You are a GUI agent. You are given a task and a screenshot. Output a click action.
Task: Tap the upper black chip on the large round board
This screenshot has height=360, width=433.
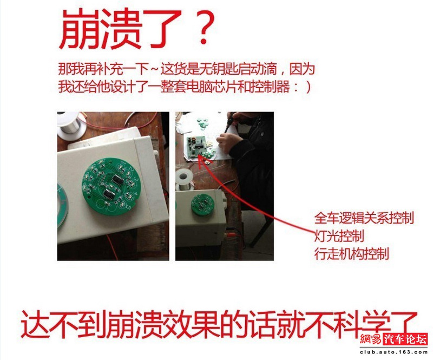point(118,180)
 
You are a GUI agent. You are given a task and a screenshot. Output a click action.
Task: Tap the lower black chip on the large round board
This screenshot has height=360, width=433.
point(109,193)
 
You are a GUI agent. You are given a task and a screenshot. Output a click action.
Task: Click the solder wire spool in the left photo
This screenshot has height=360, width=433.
point(71,125)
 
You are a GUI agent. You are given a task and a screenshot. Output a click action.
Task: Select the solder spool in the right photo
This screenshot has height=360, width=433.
point(182,180)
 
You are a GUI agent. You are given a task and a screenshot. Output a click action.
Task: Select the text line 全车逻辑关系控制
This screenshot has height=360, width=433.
point(364,218)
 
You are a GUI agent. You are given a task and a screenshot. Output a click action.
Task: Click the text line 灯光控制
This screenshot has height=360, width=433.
point(339,235)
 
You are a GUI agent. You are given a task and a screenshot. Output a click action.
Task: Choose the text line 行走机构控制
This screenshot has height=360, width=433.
point(351,253)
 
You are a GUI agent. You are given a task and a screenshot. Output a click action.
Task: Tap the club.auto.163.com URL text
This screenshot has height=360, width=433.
point(394,352)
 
